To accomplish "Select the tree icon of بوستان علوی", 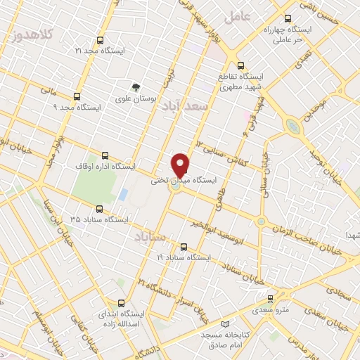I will click(134, 88).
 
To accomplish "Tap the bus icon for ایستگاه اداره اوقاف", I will click(105, 155).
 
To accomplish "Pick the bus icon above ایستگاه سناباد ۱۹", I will click(184, 247).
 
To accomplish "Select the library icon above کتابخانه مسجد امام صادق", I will click(225, 324).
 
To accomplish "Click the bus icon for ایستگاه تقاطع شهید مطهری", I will click(242, 63).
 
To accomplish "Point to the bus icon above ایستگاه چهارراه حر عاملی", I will click(287, 18).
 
